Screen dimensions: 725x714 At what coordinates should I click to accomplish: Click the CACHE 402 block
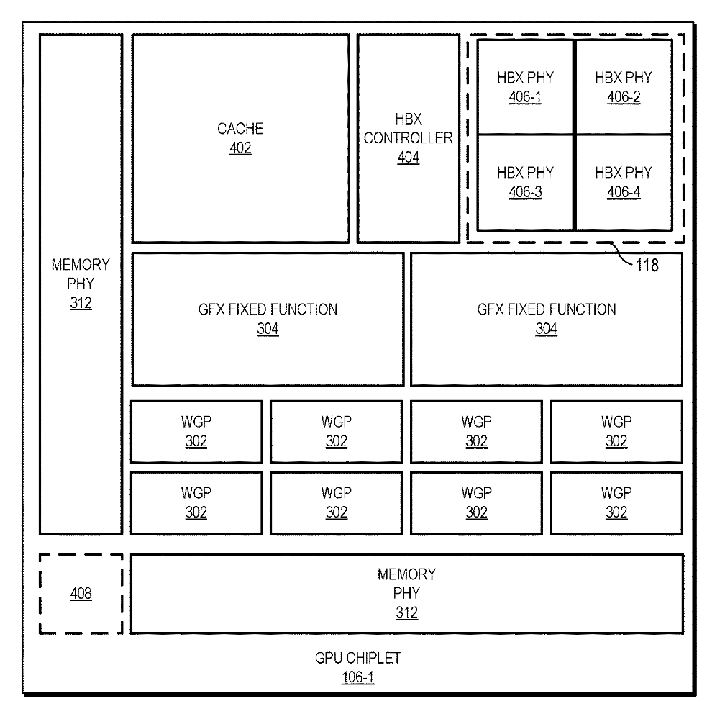tap(240, 138)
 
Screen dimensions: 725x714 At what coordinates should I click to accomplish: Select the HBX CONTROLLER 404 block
tap(409, 138)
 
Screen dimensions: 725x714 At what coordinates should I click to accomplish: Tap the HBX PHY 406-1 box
tap(525, 87)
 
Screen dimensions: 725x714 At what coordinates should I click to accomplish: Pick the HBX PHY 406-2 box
tap(624, 87)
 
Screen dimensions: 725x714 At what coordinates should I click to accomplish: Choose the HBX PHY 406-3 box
tap(525, 182)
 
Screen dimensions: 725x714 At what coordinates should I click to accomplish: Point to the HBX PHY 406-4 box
tap(624, 182)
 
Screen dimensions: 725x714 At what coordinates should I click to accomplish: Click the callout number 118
tap(647, 265)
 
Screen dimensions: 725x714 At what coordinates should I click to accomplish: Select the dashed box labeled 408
tap(81, 594)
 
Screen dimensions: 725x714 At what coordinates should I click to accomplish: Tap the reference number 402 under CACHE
tap(240, 148)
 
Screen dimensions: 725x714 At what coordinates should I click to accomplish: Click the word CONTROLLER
tap(409, 138)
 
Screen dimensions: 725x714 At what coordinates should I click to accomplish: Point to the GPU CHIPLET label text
tap(358, 658)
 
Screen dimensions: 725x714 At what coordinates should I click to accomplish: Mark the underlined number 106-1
tap(358, 677)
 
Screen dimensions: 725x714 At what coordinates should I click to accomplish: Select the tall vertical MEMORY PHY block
tap(81, 284)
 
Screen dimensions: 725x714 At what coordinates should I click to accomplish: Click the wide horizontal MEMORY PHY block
tap(407, 594)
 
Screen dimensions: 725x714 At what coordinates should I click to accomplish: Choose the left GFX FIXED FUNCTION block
tap(268, 320)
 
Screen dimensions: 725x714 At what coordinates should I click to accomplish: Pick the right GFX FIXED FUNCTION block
tap(547, 320)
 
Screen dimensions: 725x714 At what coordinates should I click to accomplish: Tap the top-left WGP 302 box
tap(196, 432)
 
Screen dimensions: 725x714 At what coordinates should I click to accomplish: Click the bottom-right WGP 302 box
tap(616, 503)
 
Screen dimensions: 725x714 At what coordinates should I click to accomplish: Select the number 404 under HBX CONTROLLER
tap(409, 158)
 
